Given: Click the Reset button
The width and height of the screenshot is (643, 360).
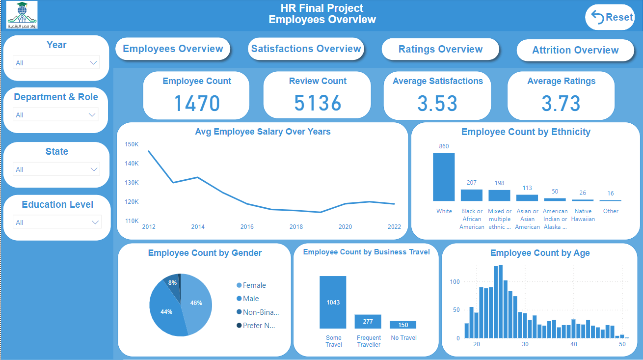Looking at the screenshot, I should (610, 17).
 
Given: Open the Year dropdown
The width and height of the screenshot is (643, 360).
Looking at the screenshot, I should (56, 63).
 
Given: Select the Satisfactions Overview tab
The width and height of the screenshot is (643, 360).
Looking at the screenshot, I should (306, 49).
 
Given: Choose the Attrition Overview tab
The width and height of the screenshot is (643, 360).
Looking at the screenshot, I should (575, 51).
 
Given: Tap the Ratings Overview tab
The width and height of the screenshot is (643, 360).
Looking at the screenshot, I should (440, 50).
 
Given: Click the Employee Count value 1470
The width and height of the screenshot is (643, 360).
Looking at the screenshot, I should (197, 103).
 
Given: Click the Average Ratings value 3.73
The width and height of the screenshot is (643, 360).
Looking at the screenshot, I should (561, 103).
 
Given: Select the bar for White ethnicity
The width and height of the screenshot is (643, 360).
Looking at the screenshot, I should (444, 177).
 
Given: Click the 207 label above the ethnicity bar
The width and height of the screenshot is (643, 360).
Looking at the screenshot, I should (472, 183).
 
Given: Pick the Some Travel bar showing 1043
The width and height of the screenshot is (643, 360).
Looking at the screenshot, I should (333, 302).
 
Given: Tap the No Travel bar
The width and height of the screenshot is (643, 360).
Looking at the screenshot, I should (403, 325).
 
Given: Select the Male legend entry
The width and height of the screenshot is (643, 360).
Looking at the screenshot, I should (250, 299).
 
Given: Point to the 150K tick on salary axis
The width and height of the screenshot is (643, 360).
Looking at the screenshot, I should (132, 144).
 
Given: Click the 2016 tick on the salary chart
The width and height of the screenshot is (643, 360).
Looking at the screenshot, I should (247, 227).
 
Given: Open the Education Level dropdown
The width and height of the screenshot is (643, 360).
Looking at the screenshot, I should (57, 222).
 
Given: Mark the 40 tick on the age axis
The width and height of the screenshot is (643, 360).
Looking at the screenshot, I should (574, 344).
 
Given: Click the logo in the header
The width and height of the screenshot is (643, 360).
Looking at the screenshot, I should (22, 15).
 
